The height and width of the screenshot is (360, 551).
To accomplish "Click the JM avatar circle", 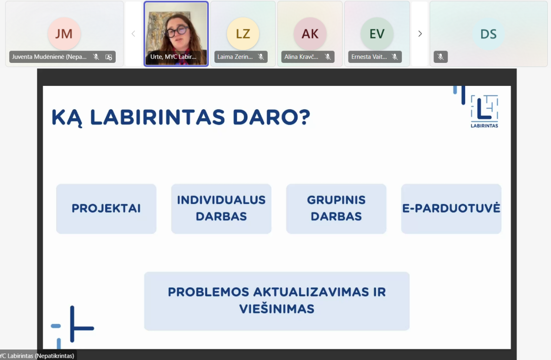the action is pyautogui.click(x=64, y=34).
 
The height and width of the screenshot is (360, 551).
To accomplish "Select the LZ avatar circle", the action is pyautogui.click(x=243, y=34).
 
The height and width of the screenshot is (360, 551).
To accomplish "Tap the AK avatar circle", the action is pyautogui.click(x=310, y=34).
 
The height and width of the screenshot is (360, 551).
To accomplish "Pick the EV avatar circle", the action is pyautogui.click(x=377, y=34).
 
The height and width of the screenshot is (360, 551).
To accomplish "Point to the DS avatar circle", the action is pyautogui.click(x=489, y=34).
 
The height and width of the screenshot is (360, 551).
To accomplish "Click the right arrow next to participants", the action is pyautogui.click(x=420, y=34).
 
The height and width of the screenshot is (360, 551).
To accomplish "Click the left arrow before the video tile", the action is pyautogui.click(x=133, y=34).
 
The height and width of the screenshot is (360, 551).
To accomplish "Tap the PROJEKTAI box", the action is pyautogui.click(x=106, y=208).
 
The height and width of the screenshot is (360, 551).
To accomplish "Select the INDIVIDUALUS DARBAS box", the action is pyautogui.click(x=221, y=208).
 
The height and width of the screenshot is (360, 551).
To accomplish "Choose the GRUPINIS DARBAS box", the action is pyautogui.click(x=336, y=208).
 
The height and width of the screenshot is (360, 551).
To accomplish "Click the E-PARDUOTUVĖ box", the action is pyautogui.click(x=451, y=208).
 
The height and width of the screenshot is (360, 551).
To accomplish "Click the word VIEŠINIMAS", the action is pyautogui.click(x=277, y=309).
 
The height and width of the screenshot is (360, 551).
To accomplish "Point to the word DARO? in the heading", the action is pyautogui.click(x=271, y=117).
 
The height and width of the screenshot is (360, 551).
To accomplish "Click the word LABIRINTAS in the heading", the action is pyautogui.click(x=157, y=117).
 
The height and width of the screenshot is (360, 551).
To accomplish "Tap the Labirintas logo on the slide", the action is pyautogui.click(x=484, y=111).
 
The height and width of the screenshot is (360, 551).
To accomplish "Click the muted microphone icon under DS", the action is pyautogui.click(x=440, y=57).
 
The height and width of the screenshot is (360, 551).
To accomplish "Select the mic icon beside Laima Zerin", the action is pyautogui.click(x=261, y=57).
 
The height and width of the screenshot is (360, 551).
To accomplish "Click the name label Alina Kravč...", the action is pyautogui.click(x=301, y=57).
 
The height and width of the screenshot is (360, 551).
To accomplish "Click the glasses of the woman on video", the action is pyautogui.click(x=177, y=32).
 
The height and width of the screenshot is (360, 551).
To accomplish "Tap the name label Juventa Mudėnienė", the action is pyautogui.click(x=49, y=57).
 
